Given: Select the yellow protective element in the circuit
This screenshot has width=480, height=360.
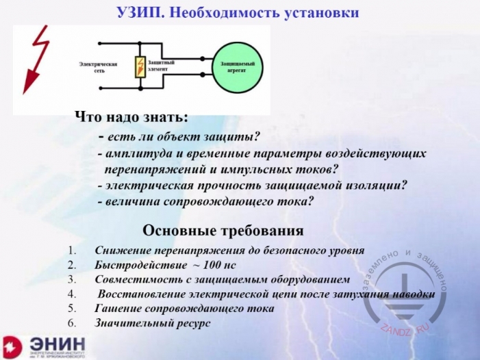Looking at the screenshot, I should pyautogui.click(x=140, y=68).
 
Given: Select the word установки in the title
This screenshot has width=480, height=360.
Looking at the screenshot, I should pyautogui.click(x=318, y=13).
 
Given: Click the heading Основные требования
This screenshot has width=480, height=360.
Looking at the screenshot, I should pyautogui.click(x=223, y=230).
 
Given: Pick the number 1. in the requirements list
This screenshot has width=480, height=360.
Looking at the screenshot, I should pyautogui.click(x=74, y=250).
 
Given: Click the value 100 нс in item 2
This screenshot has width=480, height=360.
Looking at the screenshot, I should pyautogui.click(x=231, y=264).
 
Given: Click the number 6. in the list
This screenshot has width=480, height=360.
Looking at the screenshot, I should pyautogui.click(x=74, y=322).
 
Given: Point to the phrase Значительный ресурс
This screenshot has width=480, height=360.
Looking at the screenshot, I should pyautogui.click(x=152, y=322).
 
